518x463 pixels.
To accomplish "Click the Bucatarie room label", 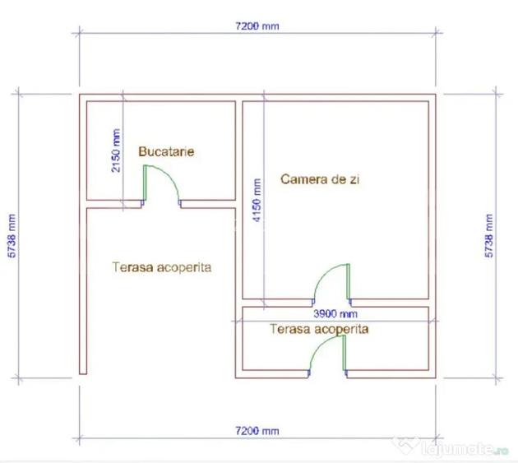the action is point(166,151).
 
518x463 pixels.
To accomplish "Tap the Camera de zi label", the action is point(320,179).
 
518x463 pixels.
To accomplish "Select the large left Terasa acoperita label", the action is point(162,267).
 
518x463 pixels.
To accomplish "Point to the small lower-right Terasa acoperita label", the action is point(319,329).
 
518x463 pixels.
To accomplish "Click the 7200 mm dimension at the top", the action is point(257,25).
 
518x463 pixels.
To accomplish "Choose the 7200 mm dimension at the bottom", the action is point(257,431).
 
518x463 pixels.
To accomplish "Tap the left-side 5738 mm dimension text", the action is point(12,236).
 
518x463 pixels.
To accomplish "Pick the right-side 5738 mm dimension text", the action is point(489,236).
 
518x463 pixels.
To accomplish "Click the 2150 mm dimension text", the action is point(116,150).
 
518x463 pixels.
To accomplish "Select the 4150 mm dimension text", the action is point(257,201).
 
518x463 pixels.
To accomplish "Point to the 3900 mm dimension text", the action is point(335,313).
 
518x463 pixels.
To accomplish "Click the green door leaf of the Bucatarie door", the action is point(145,183).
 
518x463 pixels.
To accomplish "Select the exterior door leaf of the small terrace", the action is point(344,353).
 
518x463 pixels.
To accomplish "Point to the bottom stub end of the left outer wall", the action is point(83,373).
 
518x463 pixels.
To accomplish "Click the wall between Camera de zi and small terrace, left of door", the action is point(278,303).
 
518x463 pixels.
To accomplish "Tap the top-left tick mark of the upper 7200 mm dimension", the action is point(79,32).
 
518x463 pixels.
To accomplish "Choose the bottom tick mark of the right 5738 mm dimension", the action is point(496,377).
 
